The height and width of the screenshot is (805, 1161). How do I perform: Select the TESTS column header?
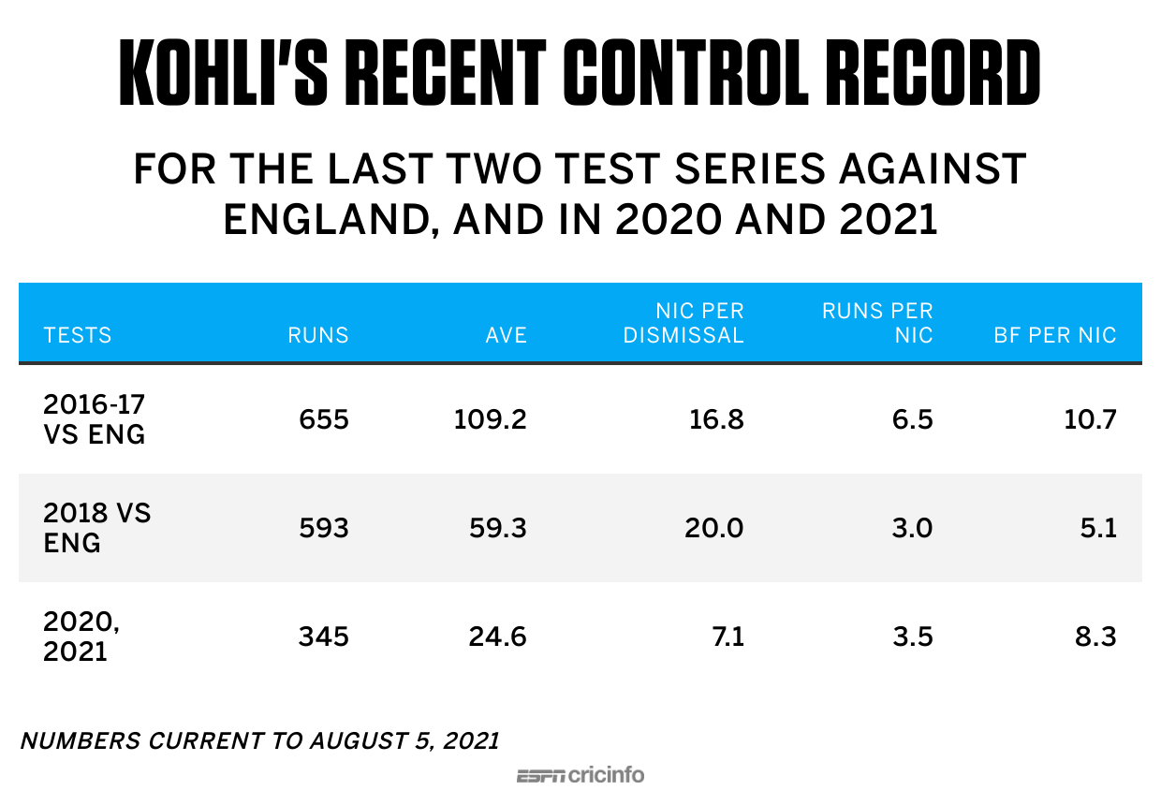tap(78, 335)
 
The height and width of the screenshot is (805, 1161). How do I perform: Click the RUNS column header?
tap(318, 335)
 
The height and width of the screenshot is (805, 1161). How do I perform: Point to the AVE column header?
tap(506, 335)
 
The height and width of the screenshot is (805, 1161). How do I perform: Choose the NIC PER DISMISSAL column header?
tap(683, 323)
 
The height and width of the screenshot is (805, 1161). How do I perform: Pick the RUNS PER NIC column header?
tap(877, 323)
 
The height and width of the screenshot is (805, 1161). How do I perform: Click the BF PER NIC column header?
tap(1055, 335)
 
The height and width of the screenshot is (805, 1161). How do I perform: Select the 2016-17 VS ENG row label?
tap(95, 418)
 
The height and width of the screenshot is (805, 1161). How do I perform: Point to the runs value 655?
tap(323, 418)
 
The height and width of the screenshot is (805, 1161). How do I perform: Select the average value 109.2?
tap(490, 418)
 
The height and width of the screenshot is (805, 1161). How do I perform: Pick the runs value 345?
tap(323, 637)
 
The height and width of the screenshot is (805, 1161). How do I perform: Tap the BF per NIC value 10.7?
tap(1091, 418)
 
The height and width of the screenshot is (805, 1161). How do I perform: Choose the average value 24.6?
tap(496, 637)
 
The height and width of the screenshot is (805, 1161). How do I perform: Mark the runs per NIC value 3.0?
tap(912, 528)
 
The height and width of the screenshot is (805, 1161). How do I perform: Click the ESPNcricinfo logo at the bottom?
tap(580, 775)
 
